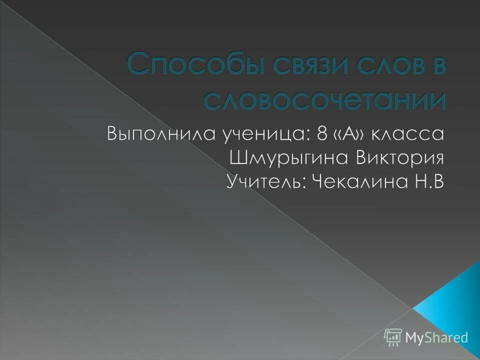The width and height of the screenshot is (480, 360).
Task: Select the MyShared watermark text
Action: [x=436, y=337]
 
